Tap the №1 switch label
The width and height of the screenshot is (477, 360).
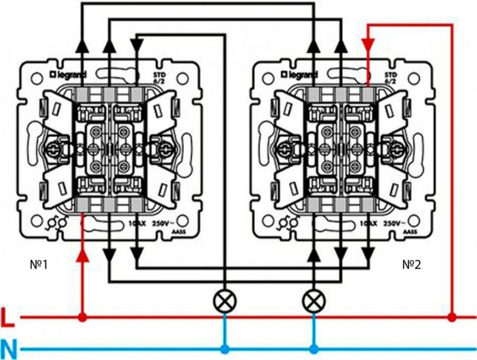click(x=38, y=264)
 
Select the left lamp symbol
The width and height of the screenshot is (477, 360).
click(x=224, y=301)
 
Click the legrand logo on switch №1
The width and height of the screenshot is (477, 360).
click(x=69, y=75)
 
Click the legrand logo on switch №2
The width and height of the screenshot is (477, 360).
click(x=301, y=75)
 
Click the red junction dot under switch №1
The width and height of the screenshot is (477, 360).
click(x=83, y=318)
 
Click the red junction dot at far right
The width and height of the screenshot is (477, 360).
click(x=453, y=318)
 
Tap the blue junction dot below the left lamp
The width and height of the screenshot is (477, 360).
click(x=224, y=349)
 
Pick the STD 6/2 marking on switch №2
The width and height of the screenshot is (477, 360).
click(x=390, y=78)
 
